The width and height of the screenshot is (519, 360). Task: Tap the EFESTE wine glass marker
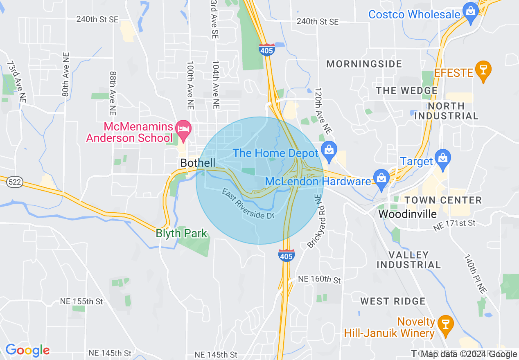(483, 70)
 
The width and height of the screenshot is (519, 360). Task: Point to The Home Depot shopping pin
(329, 150)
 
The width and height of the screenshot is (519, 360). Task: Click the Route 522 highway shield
(14, 182)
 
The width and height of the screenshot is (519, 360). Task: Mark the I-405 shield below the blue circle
(286, 256)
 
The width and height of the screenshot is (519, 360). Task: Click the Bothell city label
(198, 163)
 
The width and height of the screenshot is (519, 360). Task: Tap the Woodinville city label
(407, 214)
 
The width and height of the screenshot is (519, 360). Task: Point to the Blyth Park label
(181, 234)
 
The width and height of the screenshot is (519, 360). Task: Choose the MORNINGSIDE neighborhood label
(364, 64)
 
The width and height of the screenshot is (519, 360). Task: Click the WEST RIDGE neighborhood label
(393, 301)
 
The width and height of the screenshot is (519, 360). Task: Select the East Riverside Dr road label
(248, 204)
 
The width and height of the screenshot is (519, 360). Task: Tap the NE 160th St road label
(319, 280)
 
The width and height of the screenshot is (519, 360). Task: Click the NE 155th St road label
(81, 301)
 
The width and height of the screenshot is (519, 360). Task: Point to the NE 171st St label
(455, 223)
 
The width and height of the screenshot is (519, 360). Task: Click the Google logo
(27, 350)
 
